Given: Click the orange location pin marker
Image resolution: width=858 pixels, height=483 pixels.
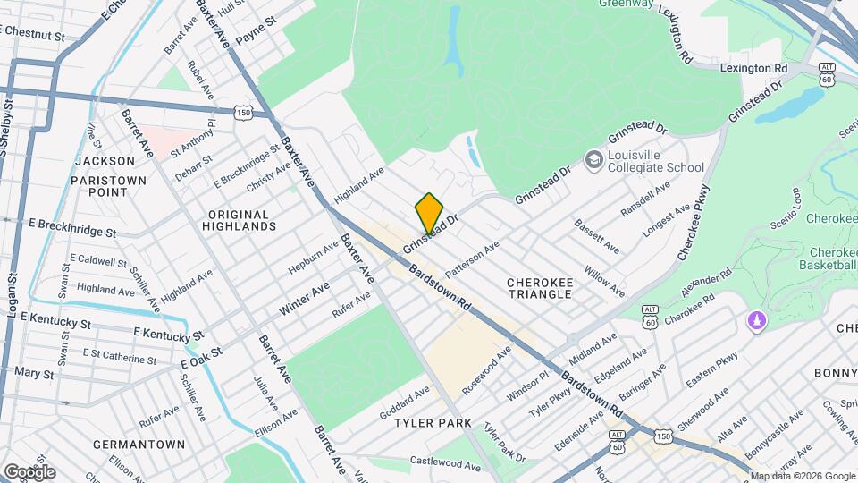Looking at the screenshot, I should (429, 211).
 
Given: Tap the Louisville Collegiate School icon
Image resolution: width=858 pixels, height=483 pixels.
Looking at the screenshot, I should (593, 160).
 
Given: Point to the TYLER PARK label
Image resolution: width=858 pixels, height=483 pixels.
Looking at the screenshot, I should (433, 422).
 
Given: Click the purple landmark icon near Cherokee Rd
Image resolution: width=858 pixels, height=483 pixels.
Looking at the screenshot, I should (757, 320).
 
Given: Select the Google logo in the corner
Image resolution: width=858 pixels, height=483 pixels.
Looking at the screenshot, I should (29, 471).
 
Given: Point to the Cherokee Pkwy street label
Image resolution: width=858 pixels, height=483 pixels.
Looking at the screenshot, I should (693, 223).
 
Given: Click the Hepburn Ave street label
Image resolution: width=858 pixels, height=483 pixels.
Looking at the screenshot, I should (313, 258).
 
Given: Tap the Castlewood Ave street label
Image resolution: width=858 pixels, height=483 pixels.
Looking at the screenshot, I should (445, 463).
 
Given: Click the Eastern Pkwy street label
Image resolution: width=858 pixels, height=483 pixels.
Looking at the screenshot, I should (711, 369).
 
